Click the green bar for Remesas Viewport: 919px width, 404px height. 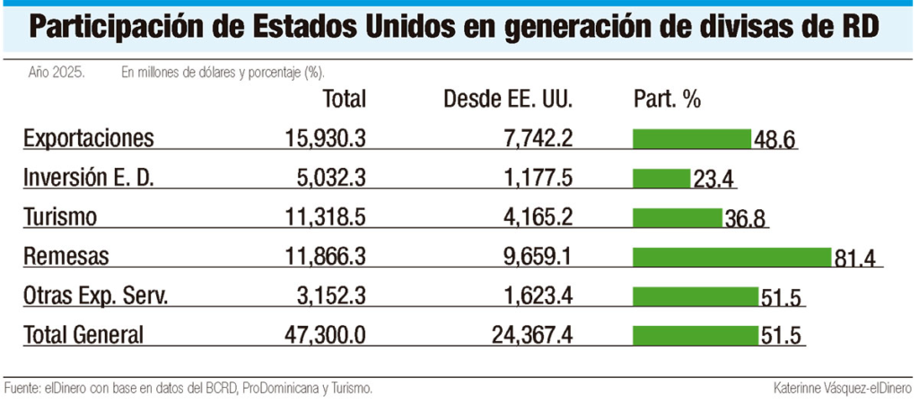click(732, 257)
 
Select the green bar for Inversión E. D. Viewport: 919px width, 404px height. click(661, 178)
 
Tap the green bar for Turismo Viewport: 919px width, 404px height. click(678, 217)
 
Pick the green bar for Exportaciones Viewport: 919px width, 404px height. click(692, 138)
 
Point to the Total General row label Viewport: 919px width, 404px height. click(83, 336)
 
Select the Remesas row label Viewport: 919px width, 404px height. click(66, 257)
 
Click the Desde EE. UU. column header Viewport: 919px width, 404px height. click(508, 99)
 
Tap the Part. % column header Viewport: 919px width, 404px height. click(667, 99)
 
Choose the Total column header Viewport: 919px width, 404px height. click(344, 99)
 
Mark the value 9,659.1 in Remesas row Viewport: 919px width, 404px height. click(532, 257)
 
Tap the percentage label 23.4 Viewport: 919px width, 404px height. click(713, 180)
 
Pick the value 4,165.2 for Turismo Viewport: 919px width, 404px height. click(532, 217)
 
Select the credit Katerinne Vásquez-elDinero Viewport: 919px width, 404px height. click(842, 389)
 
